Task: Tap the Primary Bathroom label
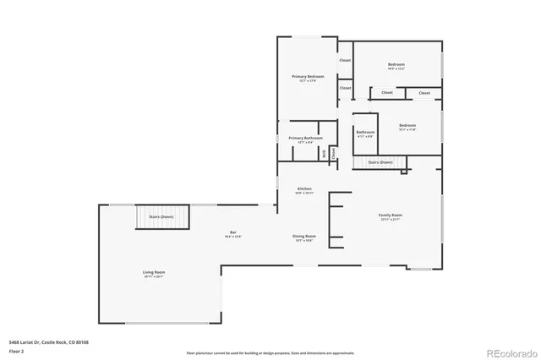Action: pos(305,138)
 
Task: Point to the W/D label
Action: pos(324,153)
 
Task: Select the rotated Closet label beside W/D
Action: pos(334,153)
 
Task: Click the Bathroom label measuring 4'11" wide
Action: pos(365,132)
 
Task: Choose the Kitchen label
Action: pos(304,188)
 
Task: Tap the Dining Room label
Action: pos(304,236)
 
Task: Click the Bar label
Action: pos(232,233)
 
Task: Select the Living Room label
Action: pos(154,272)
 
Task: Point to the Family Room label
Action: pos(390,215)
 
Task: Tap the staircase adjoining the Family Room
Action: pos(380,161)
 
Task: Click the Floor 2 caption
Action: pos(15,350)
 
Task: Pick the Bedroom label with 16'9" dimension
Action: pos(396,64)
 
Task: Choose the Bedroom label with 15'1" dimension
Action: pos(407,125)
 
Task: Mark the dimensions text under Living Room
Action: pos(154,277)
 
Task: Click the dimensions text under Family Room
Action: pos(390,221)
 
